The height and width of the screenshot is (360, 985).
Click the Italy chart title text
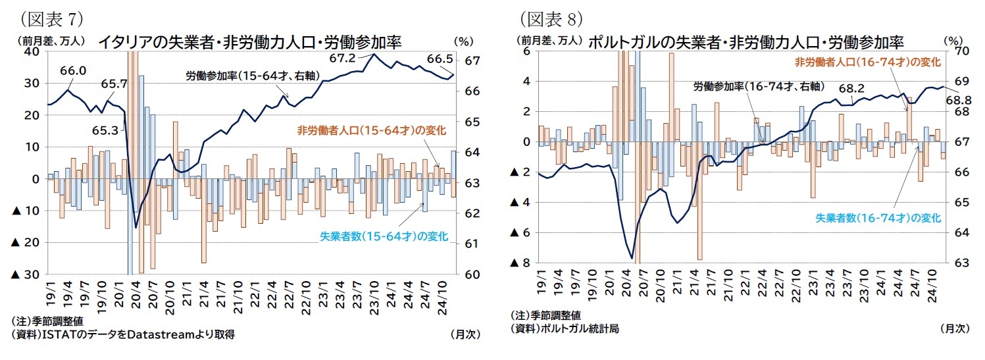pos(249,41)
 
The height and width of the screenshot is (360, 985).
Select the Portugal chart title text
pos(745,41)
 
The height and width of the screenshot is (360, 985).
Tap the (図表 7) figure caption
pos(51,15)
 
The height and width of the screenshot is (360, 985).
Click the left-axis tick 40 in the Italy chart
pos(32,52)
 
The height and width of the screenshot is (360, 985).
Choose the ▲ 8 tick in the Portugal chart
pos(520,263)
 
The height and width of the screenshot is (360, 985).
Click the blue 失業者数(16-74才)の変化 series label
pos(878,218)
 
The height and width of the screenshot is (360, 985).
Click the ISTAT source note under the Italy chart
pos(123,334)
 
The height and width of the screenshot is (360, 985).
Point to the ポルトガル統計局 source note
pos(565,327)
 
